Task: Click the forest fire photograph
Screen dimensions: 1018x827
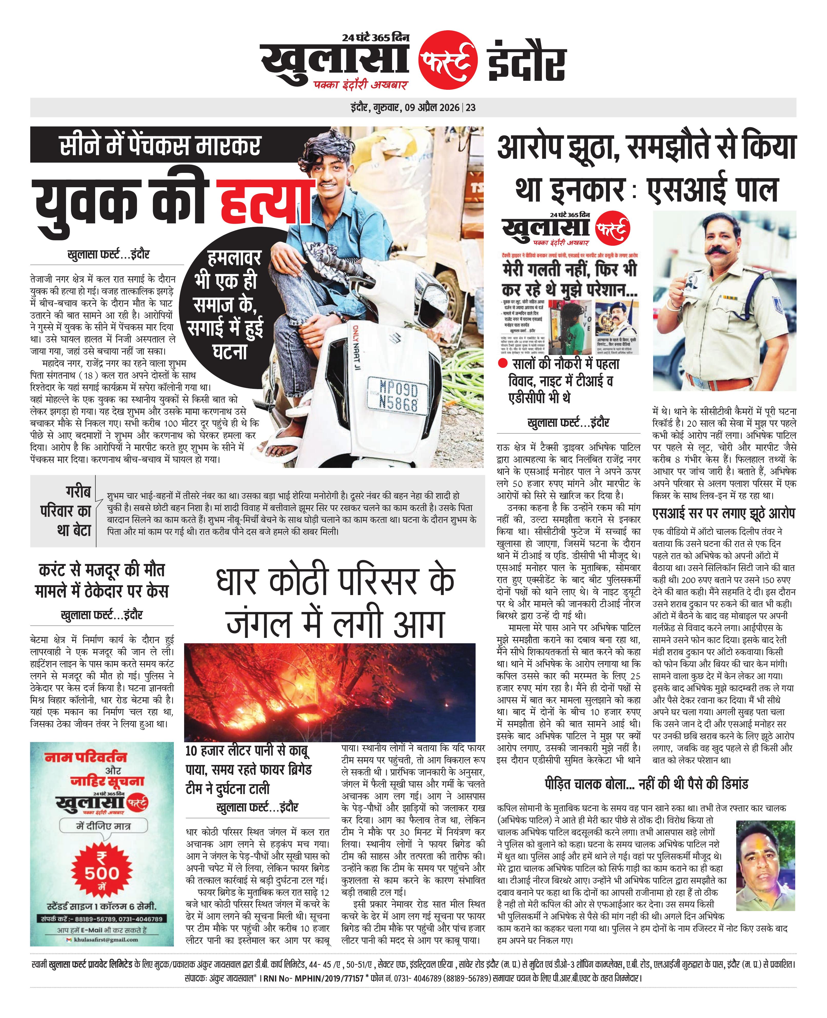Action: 330,692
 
